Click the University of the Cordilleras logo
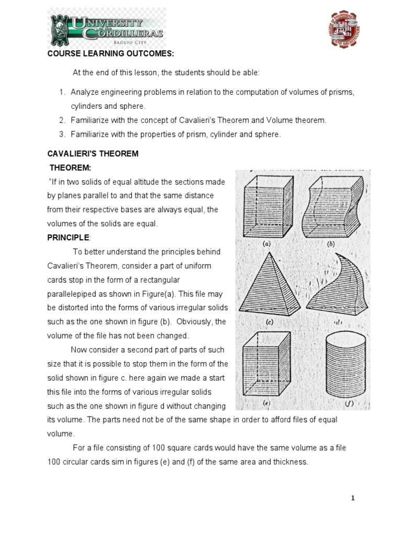tap(107, 29)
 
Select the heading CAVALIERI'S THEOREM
tap(93, 153)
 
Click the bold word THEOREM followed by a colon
tap(71, 167)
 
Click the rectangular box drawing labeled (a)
tap(267, 206)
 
